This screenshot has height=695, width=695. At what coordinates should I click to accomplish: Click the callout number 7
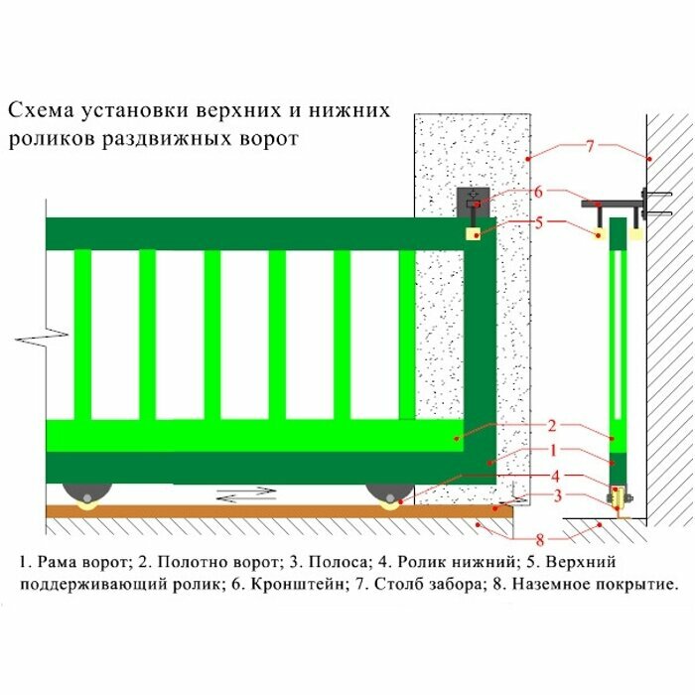pos(589,148)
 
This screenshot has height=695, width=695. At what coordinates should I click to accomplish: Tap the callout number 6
pos(537,192)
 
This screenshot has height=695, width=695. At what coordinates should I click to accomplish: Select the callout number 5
pos(538,223)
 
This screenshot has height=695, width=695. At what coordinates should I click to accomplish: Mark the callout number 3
pos(557,496)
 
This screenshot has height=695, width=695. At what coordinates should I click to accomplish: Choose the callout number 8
pos(539,541)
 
